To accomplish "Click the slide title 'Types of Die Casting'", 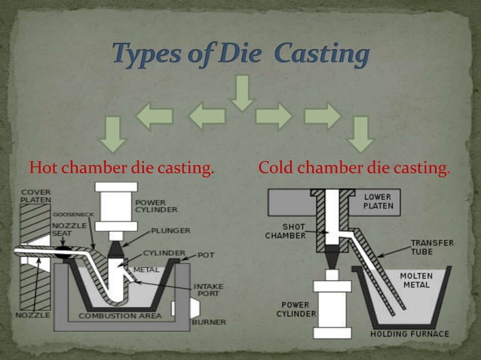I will [240, 54].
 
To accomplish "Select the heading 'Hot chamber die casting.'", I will [121, 167].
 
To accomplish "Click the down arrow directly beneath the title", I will [241, 92].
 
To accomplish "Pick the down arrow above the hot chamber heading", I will [112, 134].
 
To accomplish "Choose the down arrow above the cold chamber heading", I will [361, 134].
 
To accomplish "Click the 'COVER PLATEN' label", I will [35, 196].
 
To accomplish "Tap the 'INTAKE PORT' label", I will [207, 290].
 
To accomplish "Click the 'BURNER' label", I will [207, 322].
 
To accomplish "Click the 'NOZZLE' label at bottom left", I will [32, 314].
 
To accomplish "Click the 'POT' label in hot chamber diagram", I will [206, 255].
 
